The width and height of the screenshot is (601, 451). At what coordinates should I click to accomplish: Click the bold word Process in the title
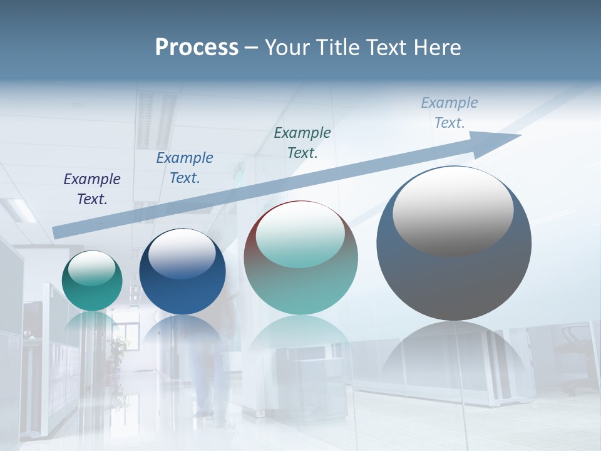[197, 48]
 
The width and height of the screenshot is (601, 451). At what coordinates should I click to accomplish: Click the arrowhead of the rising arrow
[501, 142]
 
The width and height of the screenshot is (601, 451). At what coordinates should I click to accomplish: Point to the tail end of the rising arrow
[58, 232]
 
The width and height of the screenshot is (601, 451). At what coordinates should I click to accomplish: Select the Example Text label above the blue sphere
[185, 168]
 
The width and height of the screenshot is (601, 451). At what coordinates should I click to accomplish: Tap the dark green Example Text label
[302, 142]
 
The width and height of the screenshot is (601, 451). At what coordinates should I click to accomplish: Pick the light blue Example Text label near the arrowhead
[449, 113]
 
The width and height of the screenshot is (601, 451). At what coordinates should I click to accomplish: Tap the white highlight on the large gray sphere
[453, 210]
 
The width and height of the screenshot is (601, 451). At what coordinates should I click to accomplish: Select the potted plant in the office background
[116, 348]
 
